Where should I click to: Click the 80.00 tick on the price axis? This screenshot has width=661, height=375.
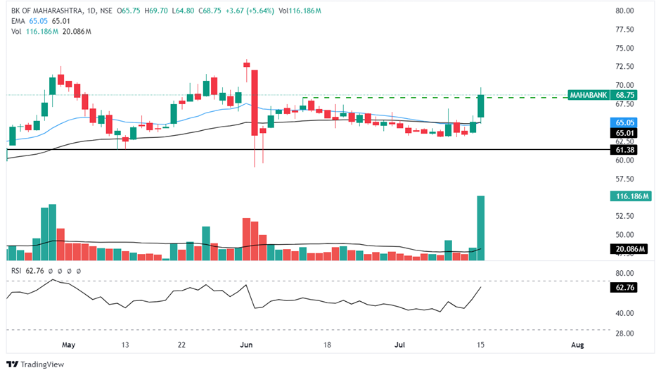[625, 11]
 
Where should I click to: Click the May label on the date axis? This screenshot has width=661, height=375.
[68, 345]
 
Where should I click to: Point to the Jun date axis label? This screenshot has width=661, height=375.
[247, 345]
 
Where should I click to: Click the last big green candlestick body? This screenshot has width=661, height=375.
[482, 106]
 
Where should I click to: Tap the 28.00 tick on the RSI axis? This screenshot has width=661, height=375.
[625, 333]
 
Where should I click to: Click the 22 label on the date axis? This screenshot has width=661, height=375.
[181, 345]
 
